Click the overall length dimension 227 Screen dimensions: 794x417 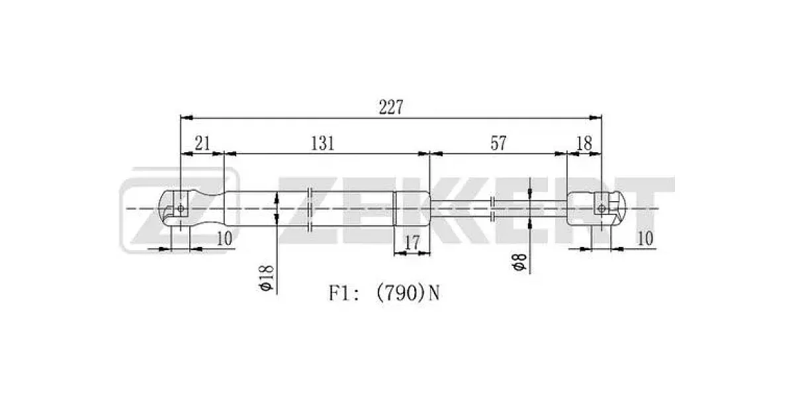[x=391, y=107]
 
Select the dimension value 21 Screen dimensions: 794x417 [x=202, y=144]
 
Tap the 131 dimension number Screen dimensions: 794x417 [x=323, y=144]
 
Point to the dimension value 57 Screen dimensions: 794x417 [x=498, y=143]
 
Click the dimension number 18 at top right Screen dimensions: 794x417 [x=584, y=144]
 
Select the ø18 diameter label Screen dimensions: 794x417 [x=267, y=277]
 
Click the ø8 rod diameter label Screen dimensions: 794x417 [x=519, y=262]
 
